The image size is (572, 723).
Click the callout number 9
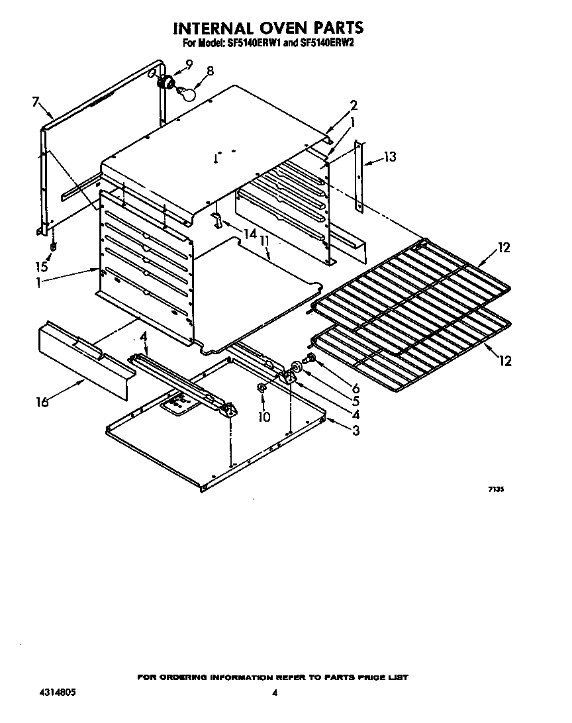189,64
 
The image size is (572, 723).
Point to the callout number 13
389,157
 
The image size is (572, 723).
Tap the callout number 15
42,267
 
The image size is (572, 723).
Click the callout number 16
43,402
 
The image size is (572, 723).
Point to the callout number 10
264,416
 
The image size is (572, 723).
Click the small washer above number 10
262,387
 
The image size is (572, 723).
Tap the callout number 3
356,431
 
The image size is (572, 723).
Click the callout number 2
354,105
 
